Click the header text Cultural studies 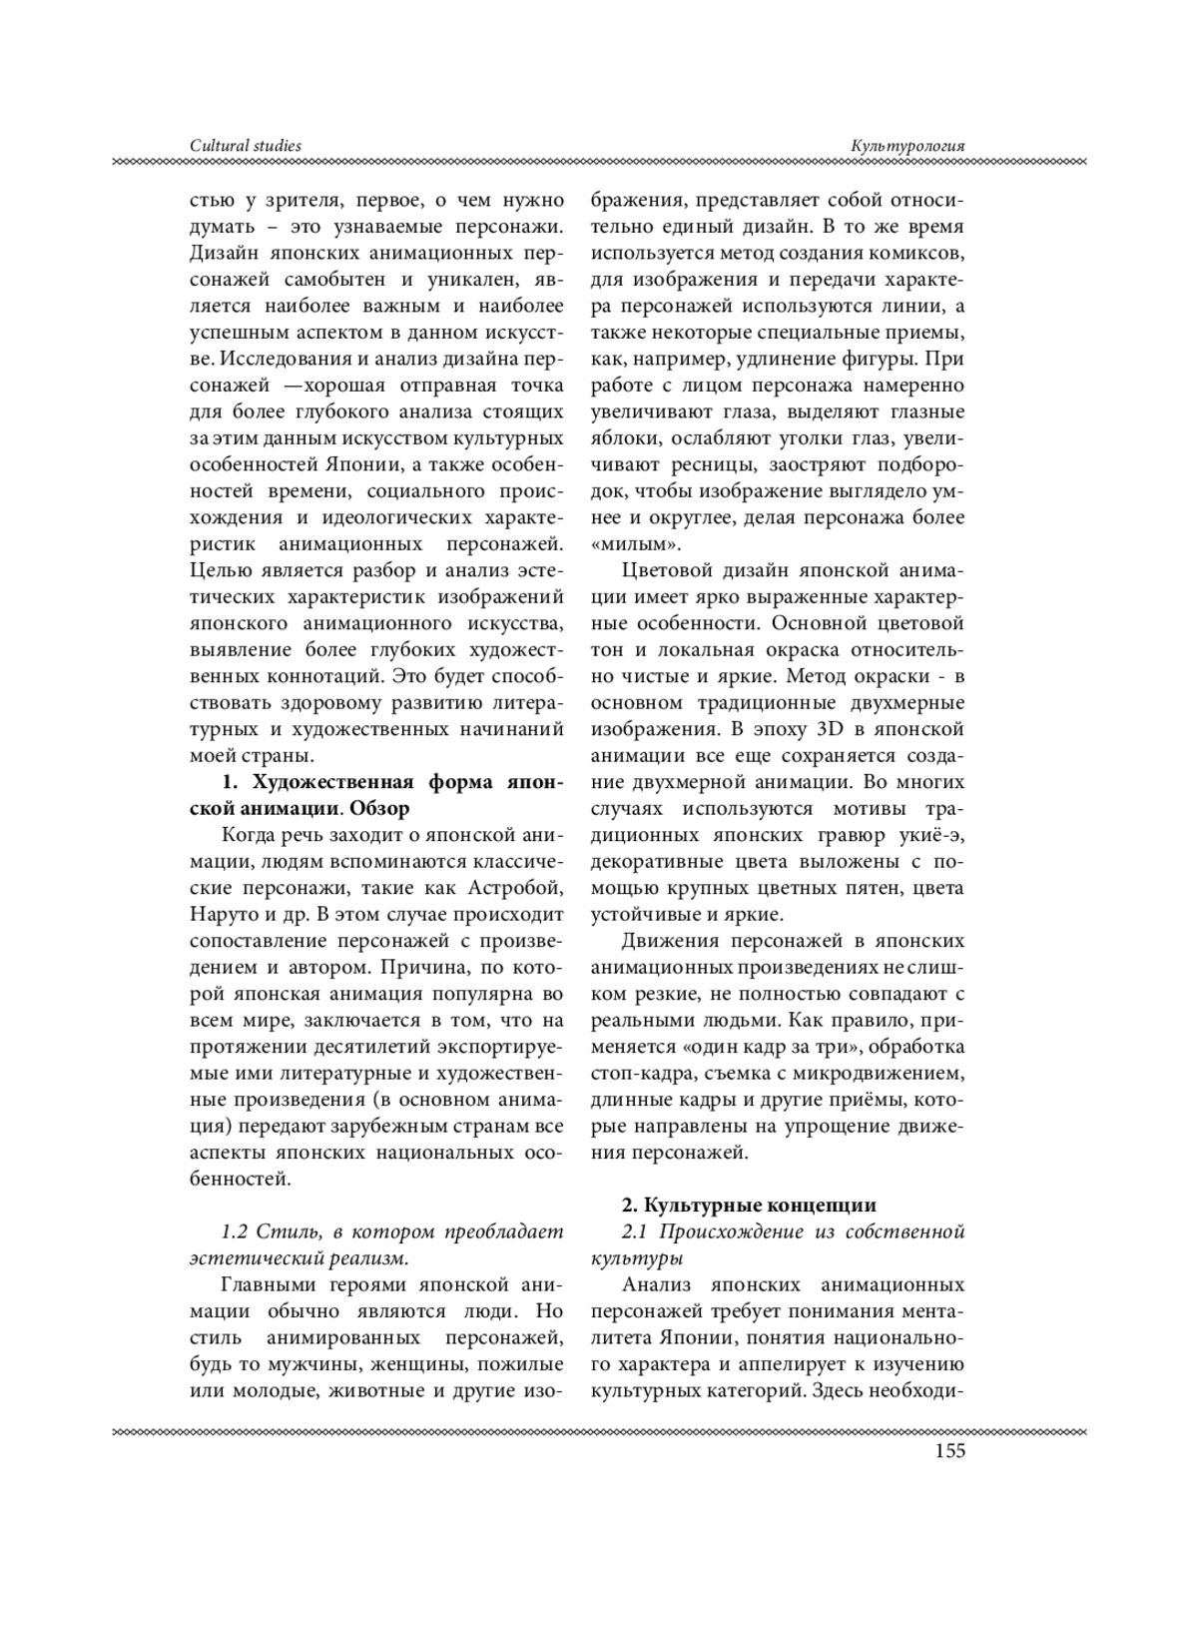(x=246, y=146)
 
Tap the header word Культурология (x=907, y=146)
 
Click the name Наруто (x=220, y=913)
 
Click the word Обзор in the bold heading (x=381, y=807)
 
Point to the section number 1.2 (x=234, y=1230)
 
